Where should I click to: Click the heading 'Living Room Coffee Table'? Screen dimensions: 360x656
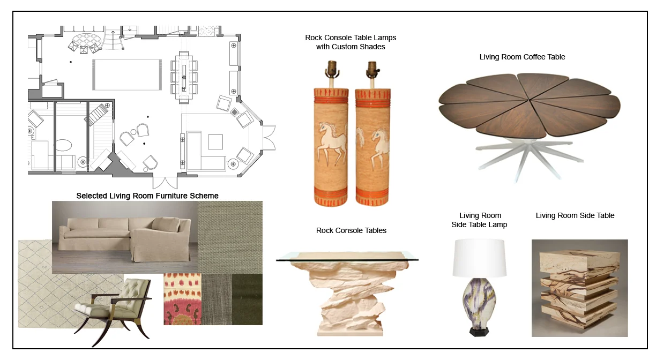pyautogui.click(x=522, y=57)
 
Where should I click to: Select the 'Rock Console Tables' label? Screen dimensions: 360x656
pyautogui.click(x=351, y=230)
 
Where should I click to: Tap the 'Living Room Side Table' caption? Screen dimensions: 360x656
pyautogui.click(x=575, y=215)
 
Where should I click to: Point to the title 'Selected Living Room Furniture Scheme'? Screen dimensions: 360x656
pyautogui.click(x=147, y=196)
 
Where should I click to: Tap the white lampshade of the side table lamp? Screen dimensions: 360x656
pyautogui.click(x=480, y=257)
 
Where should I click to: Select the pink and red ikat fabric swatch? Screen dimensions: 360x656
pyautogui.click(x=182, y=299)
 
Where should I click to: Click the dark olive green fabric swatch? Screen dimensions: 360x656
pyautogui.click(x=248, y=299)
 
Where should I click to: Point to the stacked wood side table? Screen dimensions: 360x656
pyautogui.click(x=579, y=288)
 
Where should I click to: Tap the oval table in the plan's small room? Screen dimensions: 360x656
pyautogui.click(x=64, y=146)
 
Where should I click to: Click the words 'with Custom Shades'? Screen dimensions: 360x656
pyautogui.click(x=351, y=47)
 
